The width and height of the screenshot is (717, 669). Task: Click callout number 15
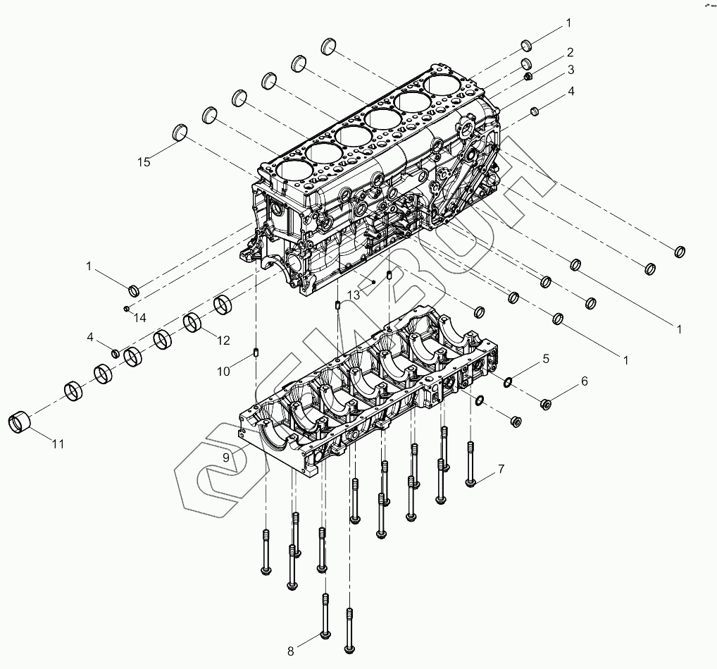coord(144,162)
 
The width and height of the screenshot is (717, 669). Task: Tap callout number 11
coord(58,443)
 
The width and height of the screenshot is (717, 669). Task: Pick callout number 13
coord(354,294)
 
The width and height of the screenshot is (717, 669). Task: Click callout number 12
coord(223,340)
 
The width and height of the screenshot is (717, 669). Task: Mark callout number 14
coord(140,318)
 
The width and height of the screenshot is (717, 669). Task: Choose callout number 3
coord(571,69)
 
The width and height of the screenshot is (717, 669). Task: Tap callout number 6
coord(584,381)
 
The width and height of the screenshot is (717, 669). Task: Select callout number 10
coord(223,371)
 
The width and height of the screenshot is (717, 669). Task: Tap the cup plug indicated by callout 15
coord(181,133)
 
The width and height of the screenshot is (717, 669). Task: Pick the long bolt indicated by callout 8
coord(325,617)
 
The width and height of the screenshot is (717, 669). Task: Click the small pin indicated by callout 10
coord(256,352)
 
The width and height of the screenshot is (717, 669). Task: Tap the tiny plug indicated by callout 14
coord(125,308)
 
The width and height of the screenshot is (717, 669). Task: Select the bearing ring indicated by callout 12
coord(193,323)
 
